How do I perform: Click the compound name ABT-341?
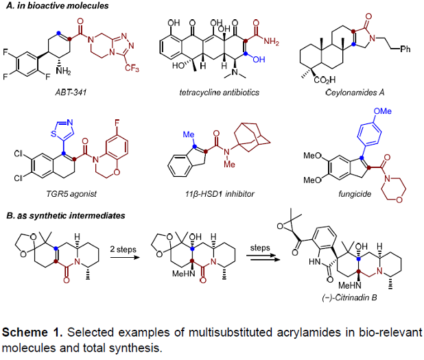pyautogui.click(x=71, y=93)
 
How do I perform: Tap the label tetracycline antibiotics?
pyautogui.click(x=220, y=93)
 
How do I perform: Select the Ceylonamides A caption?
pyautogui.click(x=355, y=93)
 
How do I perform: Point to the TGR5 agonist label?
pyautogui.click(x=71, y=194)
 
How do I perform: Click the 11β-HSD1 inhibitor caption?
pyautogui.click(x=220, y=194)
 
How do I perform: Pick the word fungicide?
pyautogui.click(x=355, y=194)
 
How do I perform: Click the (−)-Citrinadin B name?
pyautogui.click(x=349, y=298)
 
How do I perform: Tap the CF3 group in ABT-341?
pyautogui.click(x=132, y=68)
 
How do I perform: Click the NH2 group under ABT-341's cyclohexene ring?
pyautogui.click(x=64, y=71)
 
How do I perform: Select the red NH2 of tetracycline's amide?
pyautogui.click(x=271, y=41)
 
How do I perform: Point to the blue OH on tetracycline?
pyautogui.click(x=259, y=59)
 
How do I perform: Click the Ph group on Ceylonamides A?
pyautogui.click(x=405, y=49)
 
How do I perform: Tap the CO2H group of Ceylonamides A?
pyautogui.click(x=325, y=80)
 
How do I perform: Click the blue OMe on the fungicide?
pyautogui.click(x=382, y=111)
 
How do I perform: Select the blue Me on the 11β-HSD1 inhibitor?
pyautogui.click(x=189, y=134)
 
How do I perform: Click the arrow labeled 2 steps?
pyautogui.click(x=125, y=257)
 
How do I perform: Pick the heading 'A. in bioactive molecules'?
pyautogui.click(x=58, y=5)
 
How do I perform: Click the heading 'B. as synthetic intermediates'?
pyautogui.click(x=66, y=215)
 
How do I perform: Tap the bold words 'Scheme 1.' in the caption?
pyautogui.click(x=32, y=332)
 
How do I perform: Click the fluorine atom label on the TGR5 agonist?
pyautogui.click(x=117, y=123)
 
